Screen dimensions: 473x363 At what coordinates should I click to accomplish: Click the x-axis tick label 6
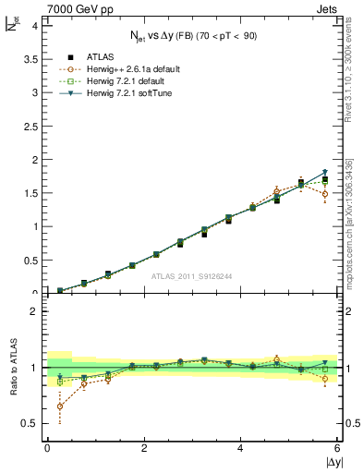[338, 448]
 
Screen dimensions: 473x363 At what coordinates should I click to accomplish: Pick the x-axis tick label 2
[144, 448]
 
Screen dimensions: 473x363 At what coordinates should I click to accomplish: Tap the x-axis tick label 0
[47, 448]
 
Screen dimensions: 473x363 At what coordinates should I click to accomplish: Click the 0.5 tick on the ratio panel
[27, 423]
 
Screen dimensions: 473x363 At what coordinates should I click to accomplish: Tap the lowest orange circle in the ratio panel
[60, 406]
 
